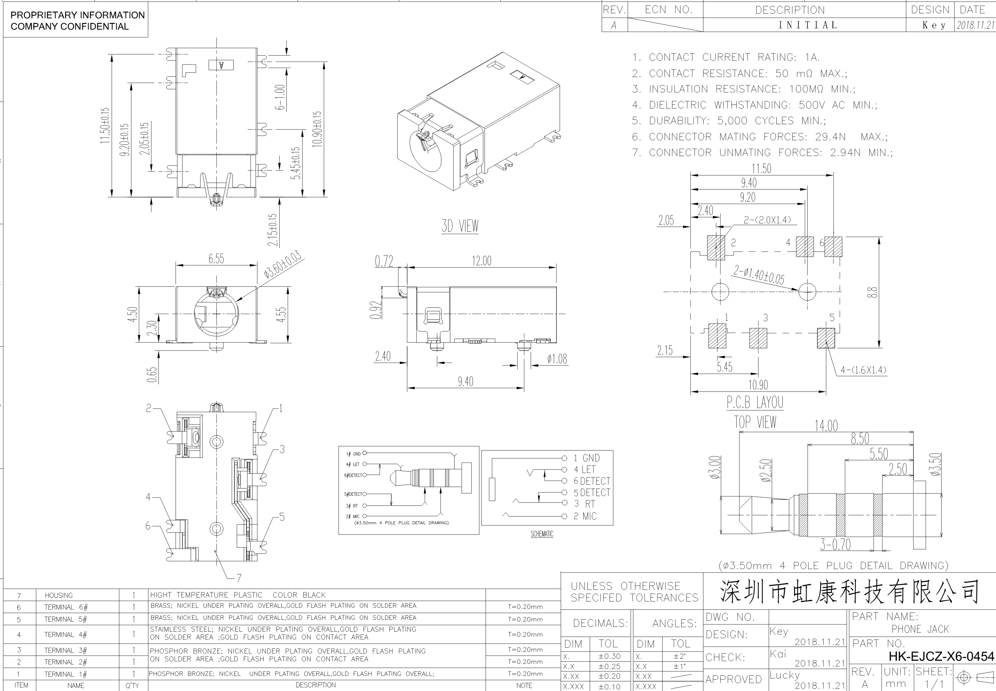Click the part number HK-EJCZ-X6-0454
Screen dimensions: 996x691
tap(941, 656)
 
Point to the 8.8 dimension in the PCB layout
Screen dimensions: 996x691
tap(872, 292)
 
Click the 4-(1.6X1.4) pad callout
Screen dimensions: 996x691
tap(864, 370)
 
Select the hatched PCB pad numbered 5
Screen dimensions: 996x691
tap(826, 338)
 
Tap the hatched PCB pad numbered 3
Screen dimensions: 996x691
tap(758, 338)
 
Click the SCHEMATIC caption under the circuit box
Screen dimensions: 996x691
tap(542, 534)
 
